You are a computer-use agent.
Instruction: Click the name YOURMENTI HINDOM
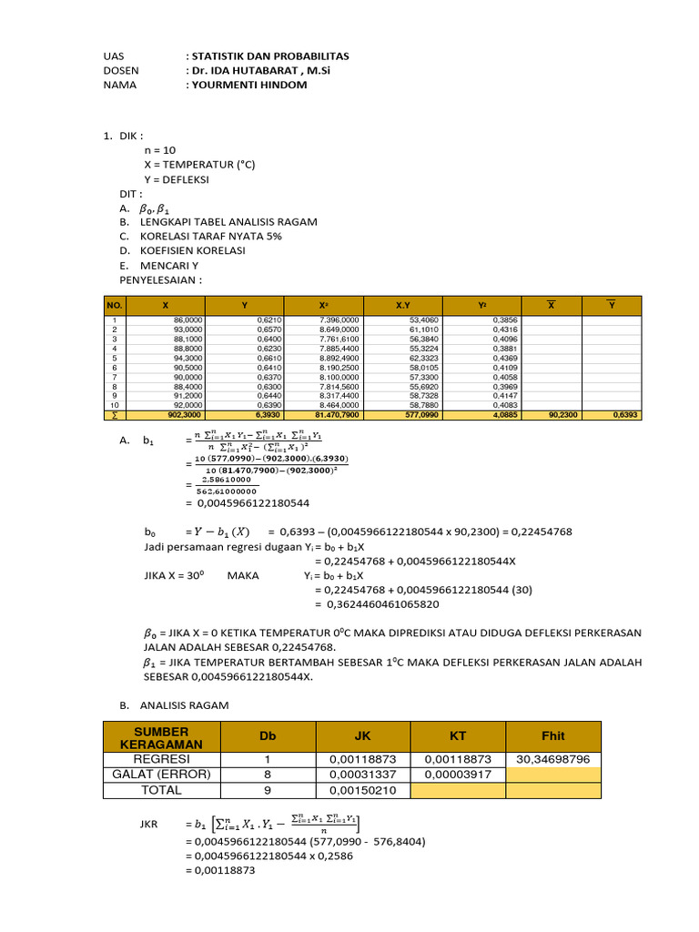[247, 85]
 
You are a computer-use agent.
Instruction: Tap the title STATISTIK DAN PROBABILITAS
[268, 56]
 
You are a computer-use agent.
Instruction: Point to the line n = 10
[161, 150]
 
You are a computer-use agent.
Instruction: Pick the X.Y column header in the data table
[403, 306]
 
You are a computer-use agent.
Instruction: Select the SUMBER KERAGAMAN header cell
[161, 737]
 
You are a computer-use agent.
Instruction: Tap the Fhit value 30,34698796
[552, 758]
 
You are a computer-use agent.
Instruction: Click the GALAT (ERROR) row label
[161, 775]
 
